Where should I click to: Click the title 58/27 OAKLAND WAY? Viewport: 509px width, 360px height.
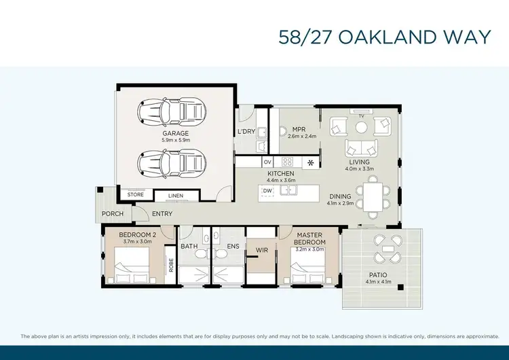click(x=384, y=37)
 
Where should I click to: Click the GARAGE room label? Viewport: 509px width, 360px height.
click(x=175, y=133)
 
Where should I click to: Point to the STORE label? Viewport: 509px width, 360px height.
click(x=136, y=195)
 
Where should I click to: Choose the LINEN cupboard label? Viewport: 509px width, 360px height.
click(x=175, y=197)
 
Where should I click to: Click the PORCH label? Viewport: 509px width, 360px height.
click(x=113, y=213)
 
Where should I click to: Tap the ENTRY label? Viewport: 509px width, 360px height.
click(x=162, y=214)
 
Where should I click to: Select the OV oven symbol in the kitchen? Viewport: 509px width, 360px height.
click(x=267, y=162)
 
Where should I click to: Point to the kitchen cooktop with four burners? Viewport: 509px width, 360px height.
click(x=287, y=162)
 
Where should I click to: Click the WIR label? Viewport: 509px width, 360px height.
click(x=261, y=250)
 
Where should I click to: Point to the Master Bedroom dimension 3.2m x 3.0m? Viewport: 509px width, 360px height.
click(x=309, y=249)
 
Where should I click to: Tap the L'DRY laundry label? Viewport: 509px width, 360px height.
click(x=246, y=132)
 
